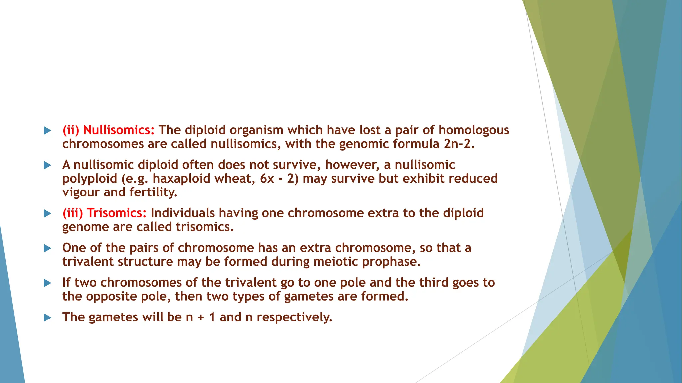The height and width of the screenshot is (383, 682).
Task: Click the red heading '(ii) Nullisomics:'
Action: (109, 130)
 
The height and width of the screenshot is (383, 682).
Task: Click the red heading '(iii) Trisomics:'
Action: (105, 213)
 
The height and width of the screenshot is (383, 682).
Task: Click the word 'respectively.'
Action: (294, 317)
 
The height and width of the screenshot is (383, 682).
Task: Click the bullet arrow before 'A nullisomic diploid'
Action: (48, 165)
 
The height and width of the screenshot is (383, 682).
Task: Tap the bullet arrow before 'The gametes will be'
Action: (48, 318)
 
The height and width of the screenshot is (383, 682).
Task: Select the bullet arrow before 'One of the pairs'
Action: (48, 248)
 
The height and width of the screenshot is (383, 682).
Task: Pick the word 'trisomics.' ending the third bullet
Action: (205, 227)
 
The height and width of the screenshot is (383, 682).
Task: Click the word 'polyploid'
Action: (90, 179)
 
